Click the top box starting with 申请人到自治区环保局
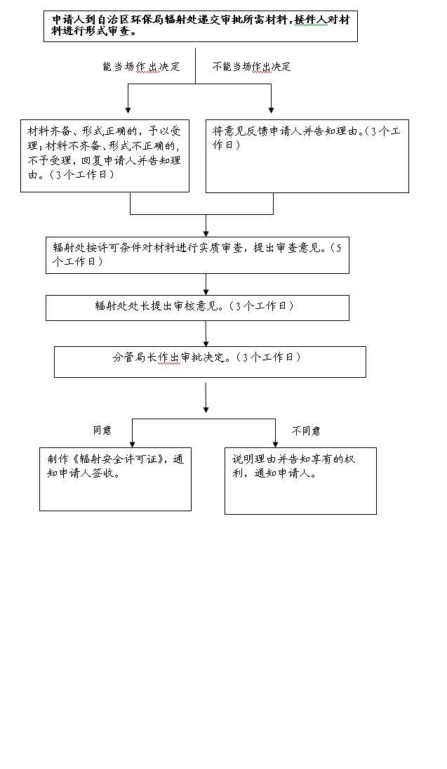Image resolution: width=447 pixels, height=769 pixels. pos(201,27)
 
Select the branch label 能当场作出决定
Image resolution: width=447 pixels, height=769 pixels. pos(142,67)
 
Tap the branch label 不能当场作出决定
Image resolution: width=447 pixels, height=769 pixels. pos(251,67)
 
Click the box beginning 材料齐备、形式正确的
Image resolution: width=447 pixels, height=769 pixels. pos(105,155)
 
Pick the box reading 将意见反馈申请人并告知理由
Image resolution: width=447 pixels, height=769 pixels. pos(307,156)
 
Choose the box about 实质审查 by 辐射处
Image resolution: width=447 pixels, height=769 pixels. pos(197,255)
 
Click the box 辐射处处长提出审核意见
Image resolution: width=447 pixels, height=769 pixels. pos(197,308)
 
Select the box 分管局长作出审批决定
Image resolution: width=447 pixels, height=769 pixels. pos(210,362)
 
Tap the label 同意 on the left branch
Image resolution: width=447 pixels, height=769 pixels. pos(102,430)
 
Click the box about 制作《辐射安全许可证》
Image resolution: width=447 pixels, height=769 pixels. pos(115,479)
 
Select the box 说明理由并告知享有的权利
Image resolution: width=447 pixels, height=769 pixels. pos(300,480)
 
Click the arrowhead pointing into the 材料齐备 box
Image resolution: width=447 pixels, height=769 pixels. pos(128,110)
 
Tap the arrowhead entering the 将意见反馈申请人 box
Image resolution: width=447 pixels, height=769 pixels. pos(271,110)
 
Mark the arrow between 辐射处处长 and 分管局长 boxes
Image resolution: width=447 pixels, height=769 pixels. pos(206,334)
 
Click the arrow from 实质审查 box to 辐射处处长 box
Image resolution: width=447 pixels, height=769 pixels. pos(206,284)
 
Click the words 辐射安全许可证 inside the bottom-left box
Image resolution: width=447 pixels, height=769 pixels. pos(120,459)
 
